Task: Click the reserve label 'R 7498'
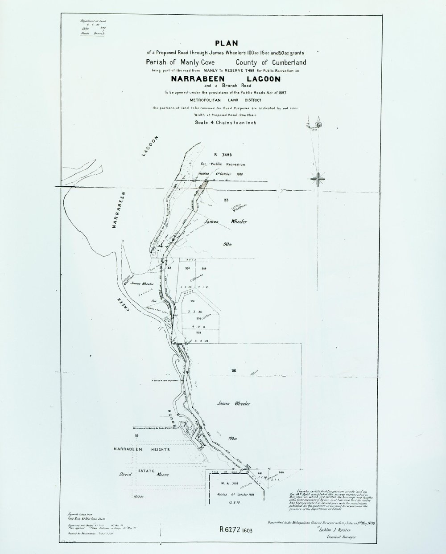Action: [x=216, y=154]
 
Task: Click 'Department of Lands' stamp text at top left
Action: [x=88, y=21]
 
